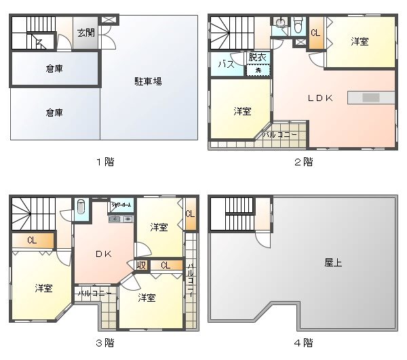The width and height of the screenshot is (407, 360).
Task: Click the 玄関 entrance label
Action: tap(85, 33)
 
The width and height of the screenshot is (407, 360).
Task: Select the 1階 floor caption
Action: tap(104, 161)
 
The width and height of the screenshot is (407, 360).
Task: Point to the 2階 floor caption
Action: tap(303, 161)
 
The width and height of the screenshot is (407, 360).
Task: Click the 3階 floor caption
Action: tap(104, 342)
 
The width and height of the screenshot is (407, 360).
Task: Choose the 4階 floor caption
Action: tap(303, 342)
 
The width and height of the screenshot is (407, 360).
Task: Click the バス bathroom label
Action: tap(226, 64)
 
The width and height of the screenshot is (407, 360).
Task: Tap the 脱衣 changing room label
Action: tap(257, 58)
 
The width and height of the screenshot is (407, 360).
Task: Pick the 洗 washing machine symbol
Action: tap(258, 70)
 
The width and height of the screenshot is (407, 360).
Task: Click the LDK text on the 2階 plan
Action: tap(320, 98)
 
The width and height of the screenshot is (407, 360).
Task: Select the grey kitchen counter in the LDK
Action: tap(370, 98)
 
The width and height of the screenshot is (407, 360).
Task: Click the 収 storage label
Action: tap(142, 264)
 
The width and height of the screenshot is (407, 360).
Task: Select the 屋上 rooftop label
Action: tap(333, 262)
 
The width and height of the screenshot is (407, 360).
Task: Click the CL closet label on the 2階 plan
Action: tap(315, 33)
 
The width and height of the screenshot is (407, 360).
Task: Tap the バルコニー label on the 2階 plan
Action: tap(279, 135)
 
